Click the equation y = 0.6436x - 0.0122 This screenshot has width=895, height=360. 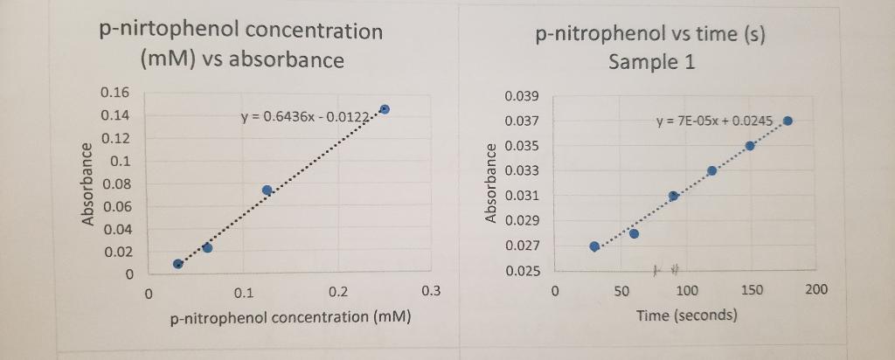coord(307,119)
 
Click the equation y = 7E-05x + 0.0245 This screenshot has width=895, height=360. coord(714,121)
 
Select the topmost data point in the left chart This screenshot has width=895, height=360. coord(385,109)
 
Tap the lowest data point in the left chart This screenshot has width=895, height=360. coord(178,263)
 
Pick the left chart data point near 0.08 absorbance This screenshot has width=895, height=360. coord(267,190)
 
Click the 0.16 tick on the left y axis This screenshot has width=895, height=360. coord(114,93)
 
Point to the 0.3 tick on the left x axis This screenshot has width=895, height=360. coord(431,291)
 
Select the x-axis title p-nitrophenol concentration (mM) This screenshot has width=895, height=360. coord(290,316)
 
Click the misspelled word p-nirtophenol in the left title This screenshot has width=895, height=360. coord(168,31)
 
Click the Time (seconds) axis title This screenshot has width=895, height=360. coord(686,315)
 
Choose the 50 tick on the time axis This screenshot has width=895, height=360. coord(620,290)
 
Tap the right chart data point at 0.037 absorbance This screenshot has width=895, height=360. coord(787,121)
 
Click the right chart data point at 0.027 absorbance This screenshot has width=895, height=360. coord(594,246)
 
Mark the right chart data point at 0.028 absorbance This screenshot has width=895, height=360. coord(634,233)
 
